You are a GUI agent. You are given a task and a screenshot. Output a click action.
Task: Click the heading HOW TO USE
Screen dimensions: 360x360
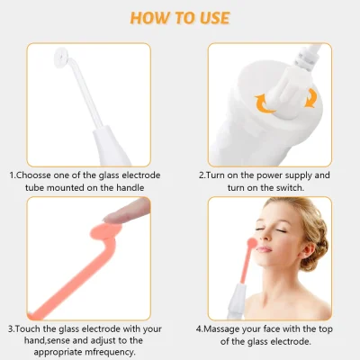pyautogui.click(x=179, y=17)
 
